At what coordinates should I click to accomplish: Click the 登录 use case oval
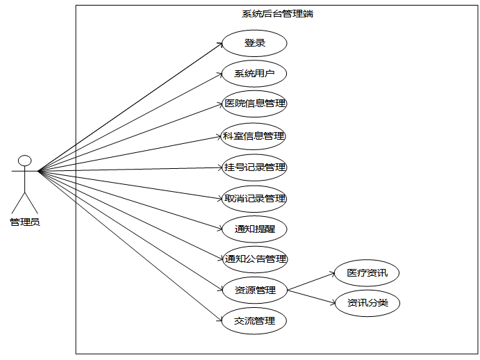(x=254, y=43)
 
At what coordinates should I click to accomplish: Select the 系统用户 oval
(x=254, y=74)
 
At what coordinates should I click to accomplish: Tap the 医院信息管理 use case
(x=254, y=104)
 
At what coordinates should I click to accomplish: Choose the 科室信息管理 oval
(x=254, y=136)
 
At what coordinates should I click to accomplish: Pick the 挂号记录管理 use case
(x=254, y=167)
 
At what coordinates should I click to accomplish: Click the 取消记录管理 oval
(x=254, y=198)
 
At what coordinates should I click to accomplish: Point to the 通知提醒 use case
(x=254, y=229)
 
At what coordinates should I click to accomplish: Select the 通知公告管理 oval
(x=254, y=259)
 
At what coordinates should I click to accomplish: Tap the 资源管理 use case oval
(x=254, y=290)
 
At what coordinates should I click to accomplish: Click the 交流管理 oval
(x=254, y=320)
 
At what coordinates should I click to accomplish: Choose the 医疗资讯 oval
(x=367, y=273)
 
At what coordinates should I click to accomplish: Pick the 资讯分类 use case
(x=367, y=303)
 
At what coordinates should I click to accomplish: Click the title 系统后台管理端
(x=276, y=13)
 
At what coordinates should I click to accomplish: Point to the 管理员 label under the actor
(x=24, y=222)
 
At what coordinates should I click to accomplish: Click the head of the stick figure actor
(x=24, y=161)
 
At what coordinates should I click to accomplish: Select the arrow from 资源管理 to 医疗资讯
(x=311, y=281)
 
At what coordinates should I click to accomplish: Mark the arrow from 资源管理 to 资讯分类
(x=311, y=296)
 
